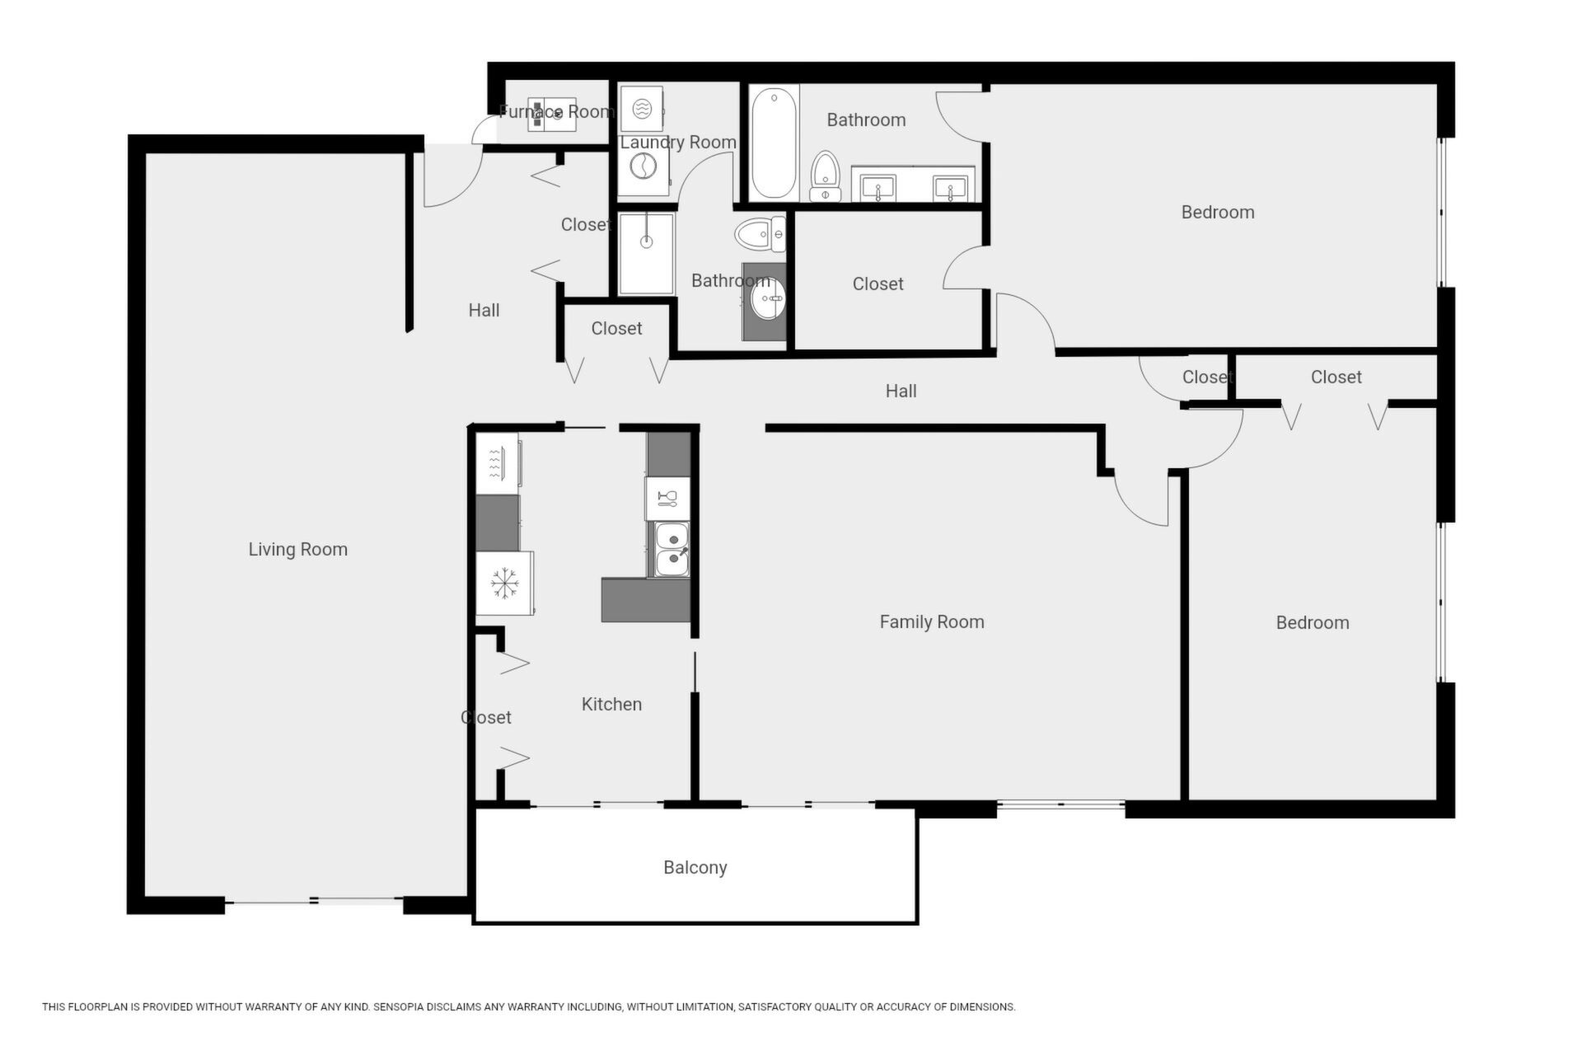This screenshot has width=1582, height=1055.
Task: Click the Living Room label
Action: (298, 549)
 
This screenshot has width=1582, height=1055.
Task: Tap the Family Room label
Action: (932, 621)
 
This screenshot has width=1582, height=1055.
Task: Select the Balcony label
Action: (695, 867)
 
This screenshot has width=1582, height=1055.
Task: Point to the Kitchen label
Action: (611, 704)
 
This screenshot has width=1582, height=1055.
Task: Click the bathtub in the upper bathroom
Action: (774, 143)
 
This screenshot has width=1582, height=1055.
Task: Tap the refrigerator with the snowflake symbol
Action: (504, 584)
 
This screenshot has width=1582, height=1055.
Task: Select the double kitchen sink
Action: (672, 549)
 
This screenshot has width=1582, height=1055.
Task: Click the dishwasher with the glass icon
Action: (667, 498)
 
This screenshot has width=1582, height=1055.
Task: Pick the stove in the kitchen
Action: (498, 464)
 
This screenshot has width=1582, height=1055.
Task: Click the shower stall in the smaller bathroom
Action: (647, 254)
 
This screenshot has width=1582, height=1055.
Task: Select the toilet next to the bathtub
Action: (825, 176)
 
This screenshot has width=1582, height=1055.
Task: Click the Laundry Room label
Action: (678, 142)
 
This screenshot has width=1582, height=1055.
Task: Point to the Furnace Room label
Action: (557, 111)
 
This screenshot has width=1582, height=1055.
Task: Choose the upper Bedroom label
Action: (1218, 212)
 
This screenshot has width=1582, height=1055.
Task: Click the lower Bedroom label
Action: (1313, 622)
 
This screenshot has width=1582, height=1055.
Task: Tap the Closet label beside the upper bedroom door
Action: (878, 284)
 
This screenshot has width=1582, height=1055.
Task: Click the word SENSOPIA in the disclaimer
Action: (403, 1006)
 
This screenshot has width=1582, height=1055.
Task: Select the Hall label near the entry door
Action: (484, 310)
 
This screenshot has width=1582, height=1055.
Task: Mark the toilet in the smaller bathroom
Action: (760, 235)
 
